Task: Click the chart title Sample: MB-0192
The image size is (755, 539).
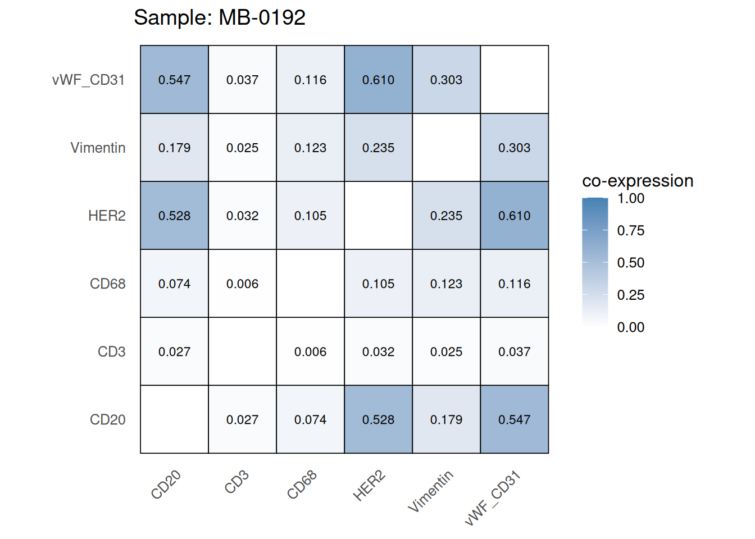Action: tap(220, 18)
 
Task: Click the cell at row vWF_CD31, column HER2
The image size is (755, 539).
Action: tap(378, 80)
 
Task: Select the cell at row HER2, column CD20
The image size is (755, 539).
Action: tap(174, 216)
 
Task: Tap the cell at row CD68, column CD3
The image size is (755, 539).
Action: tap(242, 284)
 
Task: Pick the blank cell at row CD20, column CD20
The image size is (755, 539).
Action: tap(174, 419)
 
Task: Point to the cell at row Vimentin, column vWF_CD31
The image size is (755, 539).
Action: tap(514, 148)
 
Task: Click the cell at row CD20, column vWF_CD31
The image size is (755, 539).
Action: tap(514, 419)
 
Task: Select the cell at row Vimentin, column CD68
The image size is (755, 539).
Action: tap(310, 148)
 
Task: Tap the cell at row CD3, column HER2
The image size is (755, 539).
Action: tap(378, 351)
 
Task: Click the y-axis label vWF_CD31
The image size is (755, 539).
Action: tap(88, 80)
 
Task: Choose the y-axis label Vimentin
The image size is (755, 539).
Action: tap(98, 148)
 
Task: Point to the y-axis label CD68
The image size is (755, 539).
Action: tap(107, 284)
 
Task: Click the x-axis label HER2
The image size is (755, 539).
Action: tap(369, 486)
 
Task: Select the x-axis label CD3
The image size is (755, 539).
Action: tap(236, 482)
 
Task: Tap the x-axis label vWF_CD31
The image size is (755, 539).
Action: tap(493, 499)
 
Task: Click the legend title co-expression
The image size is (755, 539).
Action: tap(638, 181)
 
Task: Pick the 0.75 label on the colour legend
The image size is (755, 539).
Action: tap(630, 230)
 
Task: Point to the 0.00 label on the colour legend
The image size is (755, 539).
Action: tap(630, 327)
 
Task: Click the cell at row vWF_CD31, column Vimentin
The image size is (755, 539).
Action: tap(446, 80)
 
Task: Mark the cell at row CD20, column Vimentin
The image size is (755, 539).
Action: tap(446, 419)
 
